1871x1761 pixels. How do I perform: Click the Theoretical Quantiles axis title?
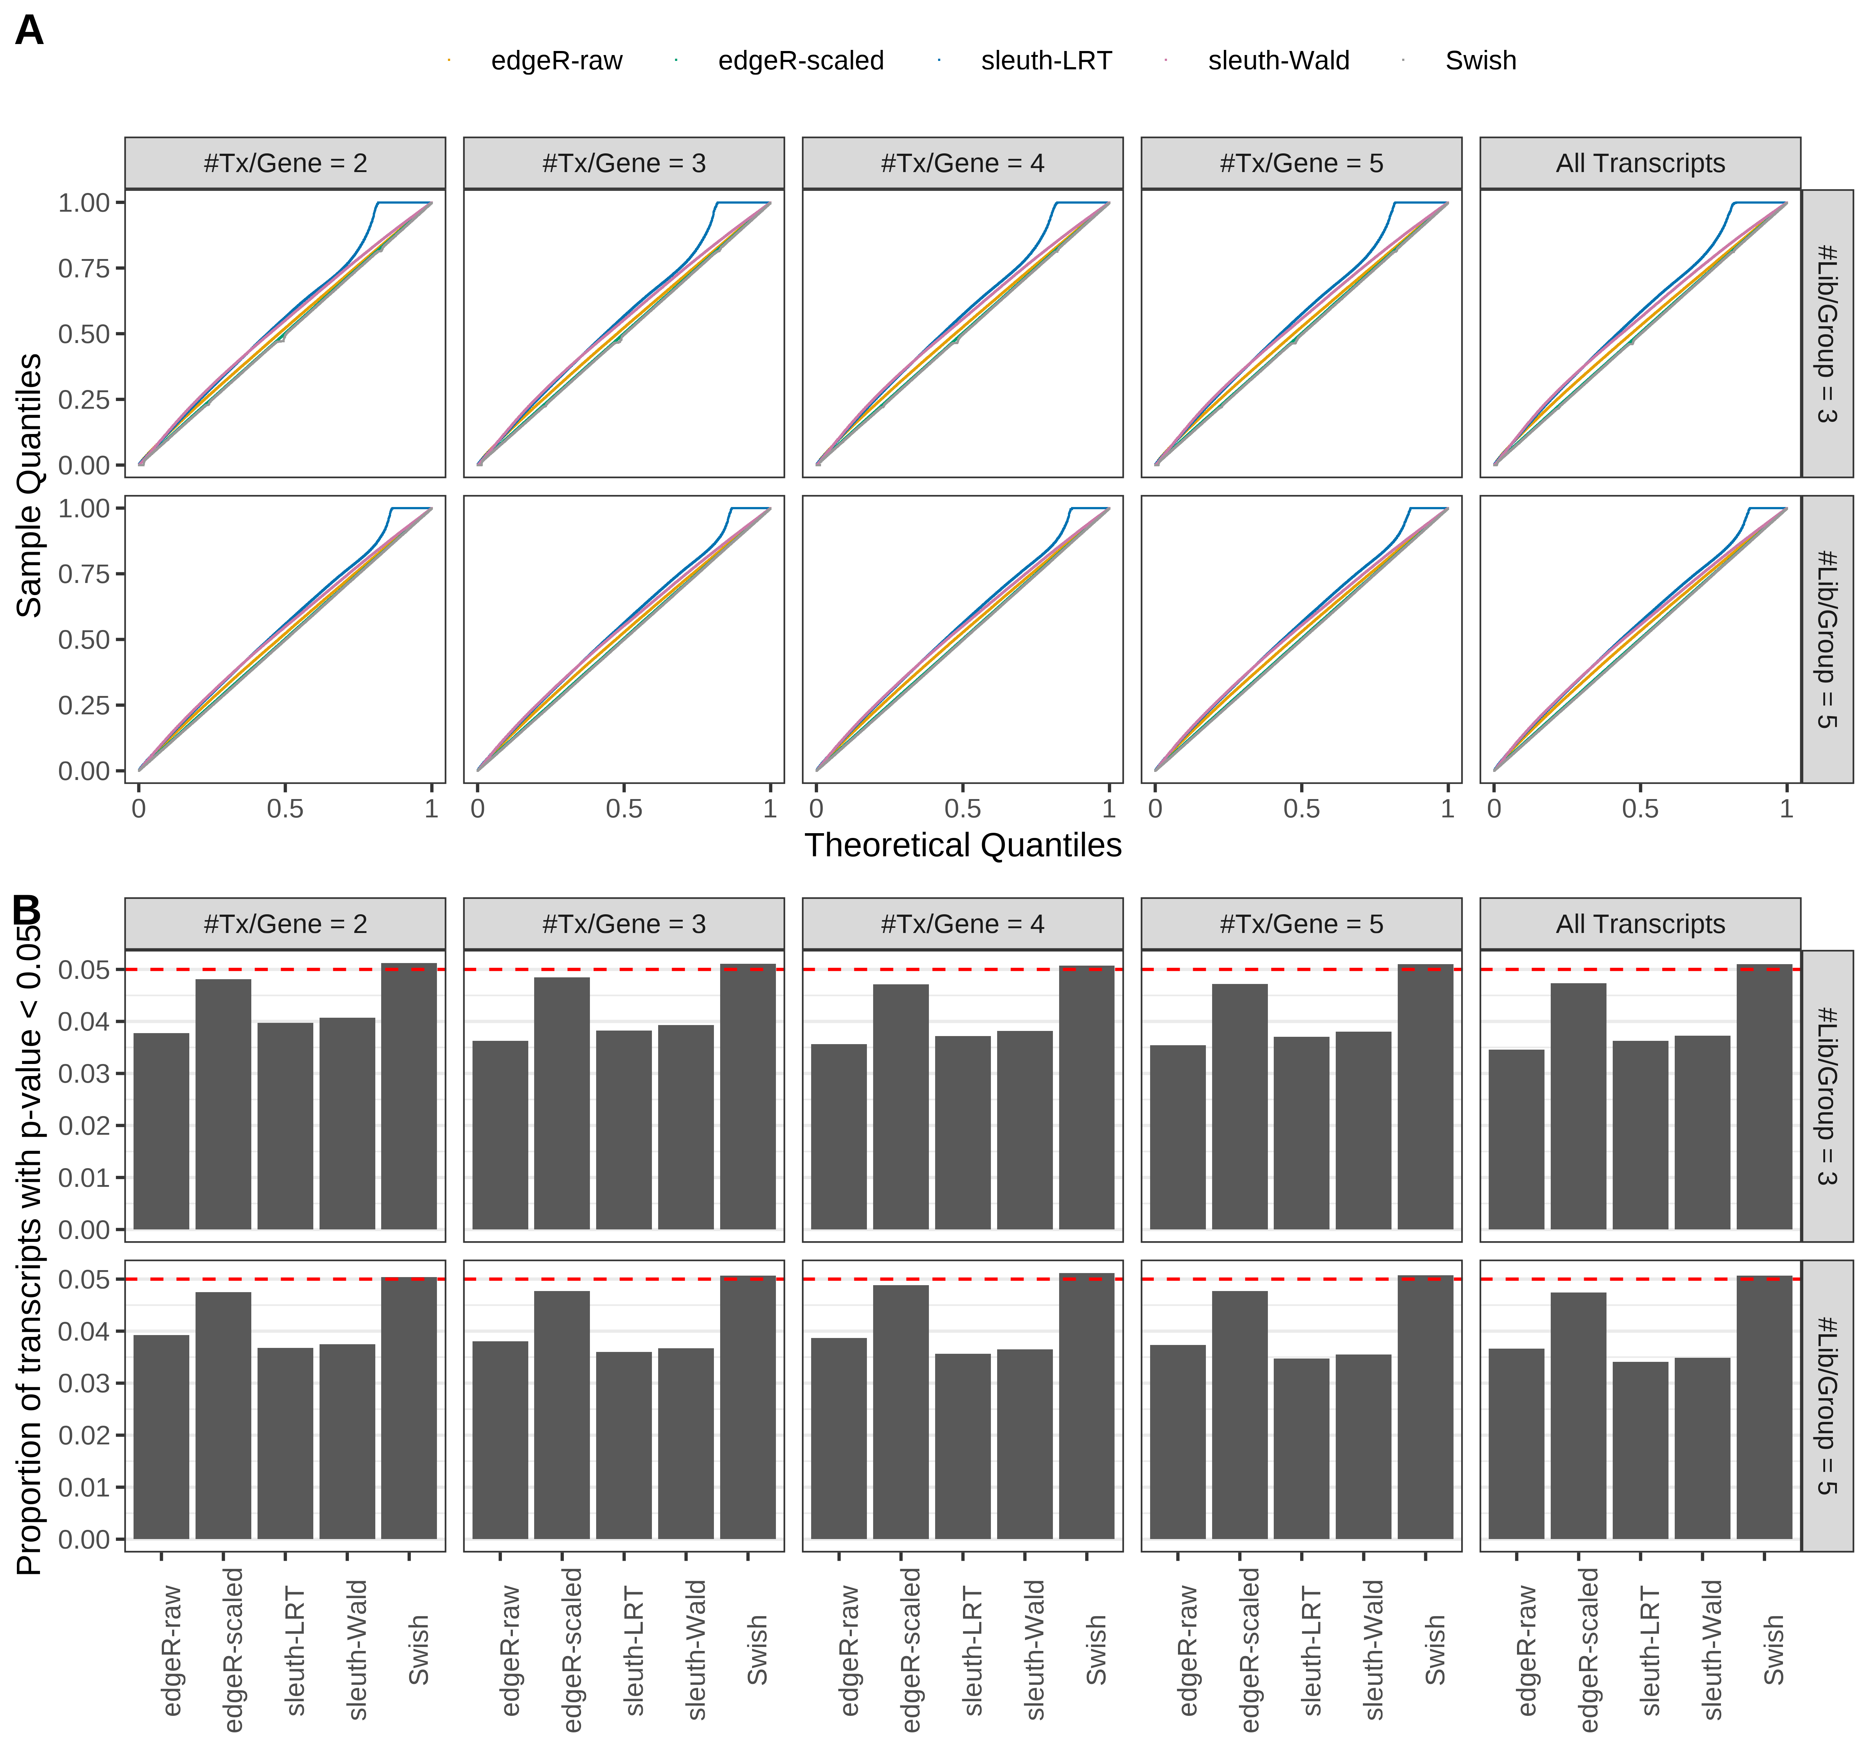click(962, 845)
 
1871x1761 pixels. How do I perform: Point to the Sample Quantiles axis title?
click(30, 486)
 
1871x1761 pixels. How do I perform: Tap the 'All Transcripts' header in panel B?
click(1640, 924)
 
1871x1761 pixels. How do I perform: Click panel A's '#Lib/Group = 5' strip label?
click(1826, 639)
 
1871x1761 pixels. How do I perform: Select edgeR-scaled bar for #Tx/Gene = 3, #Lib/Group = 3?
click(562, 1103)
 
